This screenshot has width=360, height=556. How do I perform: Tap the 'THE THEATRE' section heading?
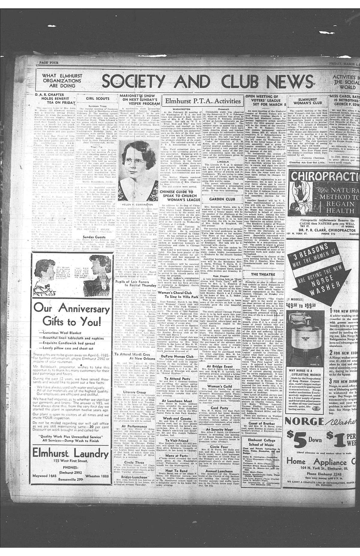point(259,274)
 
